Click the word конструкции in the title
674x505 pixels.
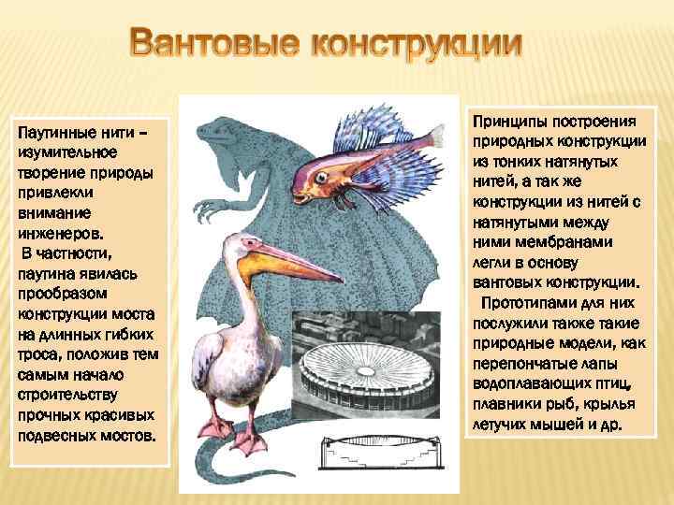point(416,45)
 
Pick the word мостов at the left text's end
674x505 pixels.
point(129,439)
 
